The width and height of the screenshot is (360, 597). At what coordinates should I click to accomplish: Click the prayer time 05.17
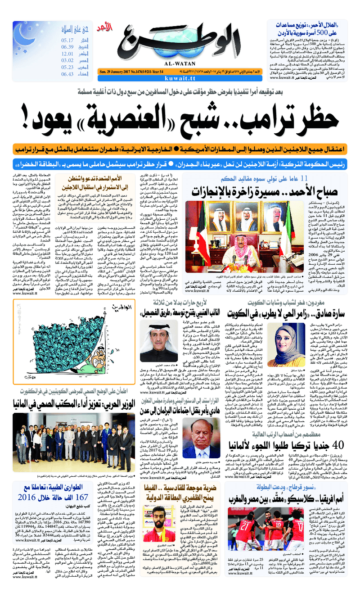(x=67, y=40)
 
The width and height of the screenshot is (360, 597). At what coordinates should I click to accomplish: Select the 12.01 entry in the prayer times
(x=67, y=54)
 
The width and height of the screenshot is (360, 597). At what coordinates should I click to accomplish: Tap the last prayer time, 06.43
(x=67, y=74)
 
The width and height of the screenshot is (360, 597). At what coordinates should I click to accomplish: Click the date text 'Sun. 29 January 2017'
(x=119, y=71)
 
